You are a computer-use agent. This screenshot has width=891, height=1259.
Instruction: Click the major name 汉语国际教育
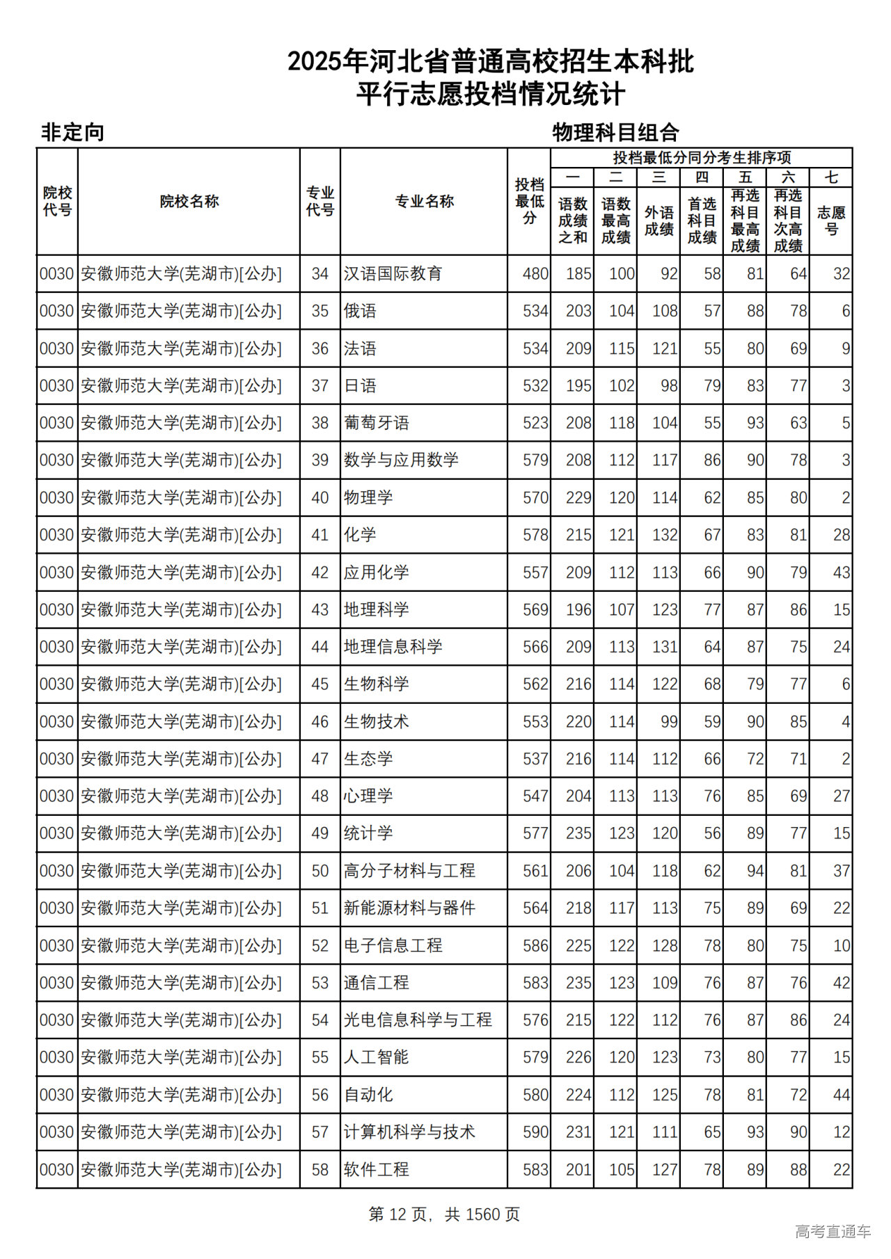(393, 274)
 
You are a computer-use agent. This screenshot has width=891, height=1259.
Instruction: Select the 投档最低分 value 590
(535, 1132)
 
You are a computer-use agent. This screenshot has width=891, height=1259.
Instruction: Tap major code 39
(320, 460)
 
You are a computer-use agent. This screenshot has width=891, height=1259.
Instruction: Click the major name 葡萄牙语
(376, 423)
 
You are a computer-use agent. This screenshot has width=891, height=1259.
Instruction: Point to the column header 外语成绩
(659, 220)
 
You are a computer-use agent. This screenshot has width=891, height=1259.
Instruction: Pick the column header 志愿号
(831, 220)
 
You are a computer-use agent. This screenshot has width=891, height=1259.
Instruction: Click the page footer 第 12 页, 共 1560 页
(444, 1214)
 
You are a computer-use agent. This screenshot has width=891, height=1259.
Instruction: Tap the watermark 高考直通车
(833, 1231)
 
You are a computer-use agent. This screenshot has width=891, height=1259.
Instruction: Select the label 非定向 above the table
(73, 132)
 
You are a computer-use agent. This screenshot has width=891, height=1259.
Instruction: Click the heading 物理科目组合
(615, 132)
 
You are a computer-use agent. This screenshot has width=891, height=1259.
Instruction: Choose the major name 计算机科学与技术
(409, 1132)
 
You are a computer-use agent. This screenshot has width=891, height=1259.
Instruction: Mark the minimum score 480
(535, 274)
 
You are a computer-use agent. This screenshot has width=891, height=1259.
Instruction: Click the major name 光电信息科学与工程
(418, 1020)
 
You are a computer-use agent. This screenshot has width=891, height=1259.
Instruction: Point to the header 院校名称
(189, 202)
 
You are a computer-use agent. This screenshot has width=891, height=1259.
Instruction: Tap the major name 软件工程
(376, 1170)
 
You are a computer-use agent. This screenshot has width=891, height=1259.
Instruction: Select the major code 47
(320, 759)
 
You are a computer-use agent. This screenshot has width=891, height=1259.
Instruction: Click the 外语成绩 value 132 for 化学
(664, 536)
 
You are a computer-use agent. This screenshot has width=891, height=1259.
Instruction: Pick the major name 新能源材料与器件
(409, 908)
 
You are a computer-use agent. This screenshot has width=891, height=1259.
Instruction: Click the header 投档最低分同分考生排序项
(701, 158)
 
